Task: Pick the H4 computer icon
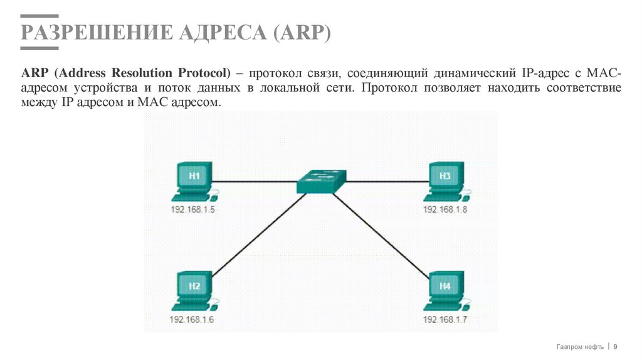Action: [445, 291]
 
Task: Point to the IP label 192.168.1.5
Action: [192, 209]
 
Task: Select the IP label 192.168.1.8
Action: [445, 209]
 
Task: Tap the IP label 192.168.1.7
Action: [445, 319]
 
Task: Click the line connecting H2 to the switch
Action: [257, 235]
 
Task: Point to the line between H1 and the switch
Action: [254, 181]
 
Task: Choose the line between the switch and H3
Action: [386, 181]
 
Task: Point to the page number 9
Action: [615, 347]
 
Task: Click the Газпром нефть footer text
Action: [580, 347]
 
